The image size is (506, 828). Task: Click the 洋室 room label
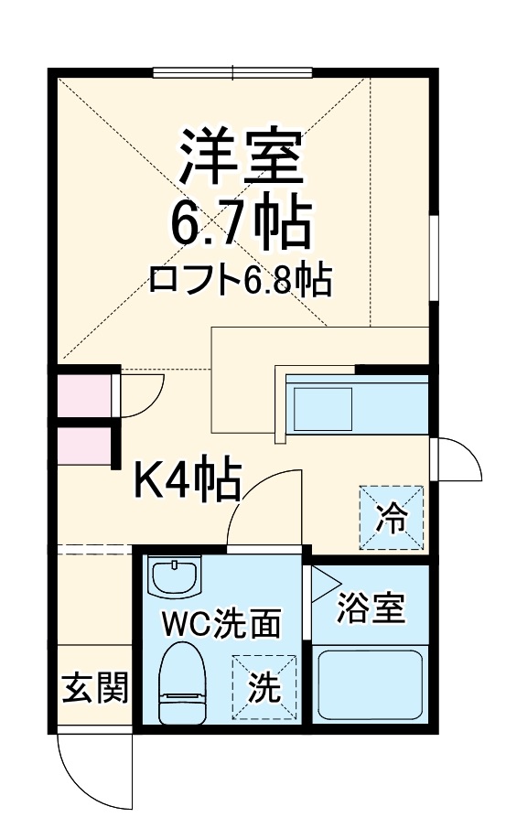point(240,156)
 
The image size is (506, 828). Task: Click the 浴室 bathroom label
point(371,608)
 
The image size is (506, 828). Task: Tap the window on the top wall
point(232,72)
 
